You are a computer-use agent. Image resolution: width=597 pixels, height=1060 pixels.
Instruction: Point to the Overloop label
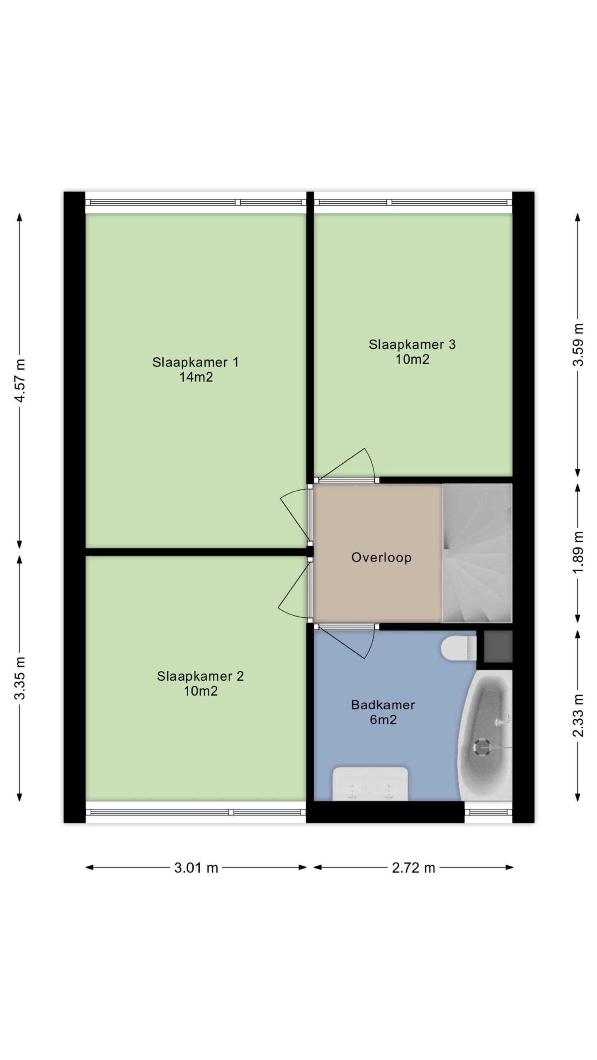click(x=381, y=557)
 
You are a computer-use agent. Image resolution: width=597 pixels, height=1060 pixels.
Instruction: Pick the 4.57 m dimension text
click(x=20, y=380)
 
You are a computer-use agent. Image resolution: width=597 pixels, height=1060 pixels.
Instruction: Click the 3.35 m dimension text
click(x=20, y=678)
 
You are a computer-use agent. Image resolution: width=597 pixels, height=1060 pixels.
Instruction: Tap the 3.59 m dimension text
click(x=578, y=344)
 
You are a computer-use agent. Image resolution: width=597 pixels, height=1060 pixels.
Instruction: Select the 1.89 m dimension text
click(x=578, y=552)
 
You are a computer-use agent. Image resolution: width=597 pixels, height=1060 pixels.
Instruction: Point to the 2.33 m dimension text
click(x=578, y=715)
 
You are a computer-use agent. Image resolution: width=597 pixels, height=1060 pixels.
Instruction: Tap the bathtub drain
click(x=481, y=748)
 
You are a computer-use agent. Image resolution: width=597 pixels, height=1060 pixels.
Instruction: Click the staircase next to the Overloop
click(x=477, y=553)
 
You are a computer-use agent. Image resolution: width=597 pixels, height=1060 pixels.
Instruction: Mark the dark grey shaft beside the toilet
click(x=498, y=646)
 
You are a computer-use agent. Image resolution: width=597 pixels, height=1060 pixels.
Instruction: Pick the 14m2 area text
click(x=196, y=377)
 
